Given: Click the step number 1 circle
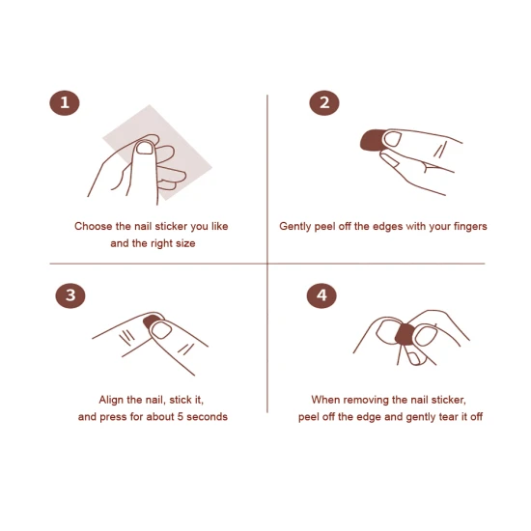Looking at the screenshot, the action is [x=65, y=103].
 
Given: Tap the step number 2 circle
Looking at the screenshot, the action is [x=324, y=103].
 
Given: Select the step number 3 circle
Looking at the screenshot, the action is [x=70, y=295].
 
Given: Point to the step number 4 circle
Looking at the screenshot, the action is [x=321, y=295].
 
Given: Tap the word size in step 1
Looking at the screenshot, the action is [x=186, y=243].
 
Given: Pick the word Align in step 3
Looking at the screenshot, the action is [x=111, y=400].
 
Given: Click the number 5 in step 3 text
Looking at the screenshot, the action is [x=181, y=416].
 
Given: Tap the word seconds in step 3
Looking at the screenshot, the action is [x=207, y=416].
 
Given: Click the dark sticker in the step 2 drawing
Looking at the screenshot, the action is [x=372, y=140].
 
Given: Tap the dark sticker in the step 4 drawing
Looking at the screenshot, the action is [x=405, y=334].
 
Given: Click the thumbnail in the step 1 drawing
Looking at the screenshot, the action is [x=145, y=148].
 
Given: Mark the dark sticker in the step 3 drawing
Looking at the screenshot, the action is [x=151, y=321].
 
